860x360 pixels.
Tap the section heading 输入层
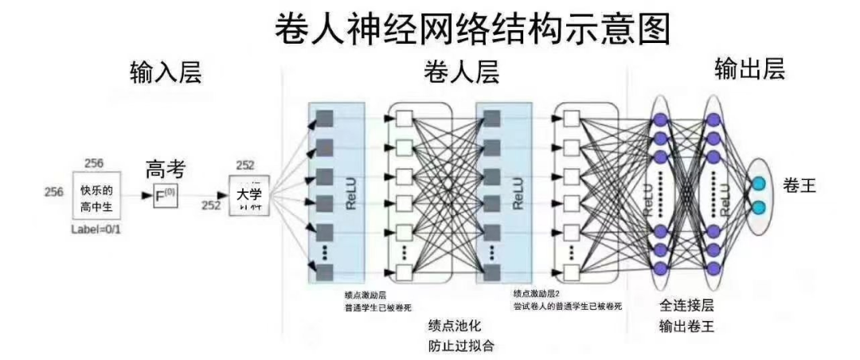click(166, 72)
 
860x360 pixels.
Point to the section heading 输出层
click(751, 69)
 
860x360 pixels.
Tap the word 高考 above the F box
click(165, 169)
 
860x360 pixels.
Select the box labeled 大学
click(249, 196)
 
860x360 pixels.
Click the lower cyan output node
click(758, 208)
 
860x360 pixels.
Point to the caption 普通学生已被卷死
click(378, 307)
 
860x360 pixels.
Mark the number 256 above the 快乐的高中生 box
click(94, 163)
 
